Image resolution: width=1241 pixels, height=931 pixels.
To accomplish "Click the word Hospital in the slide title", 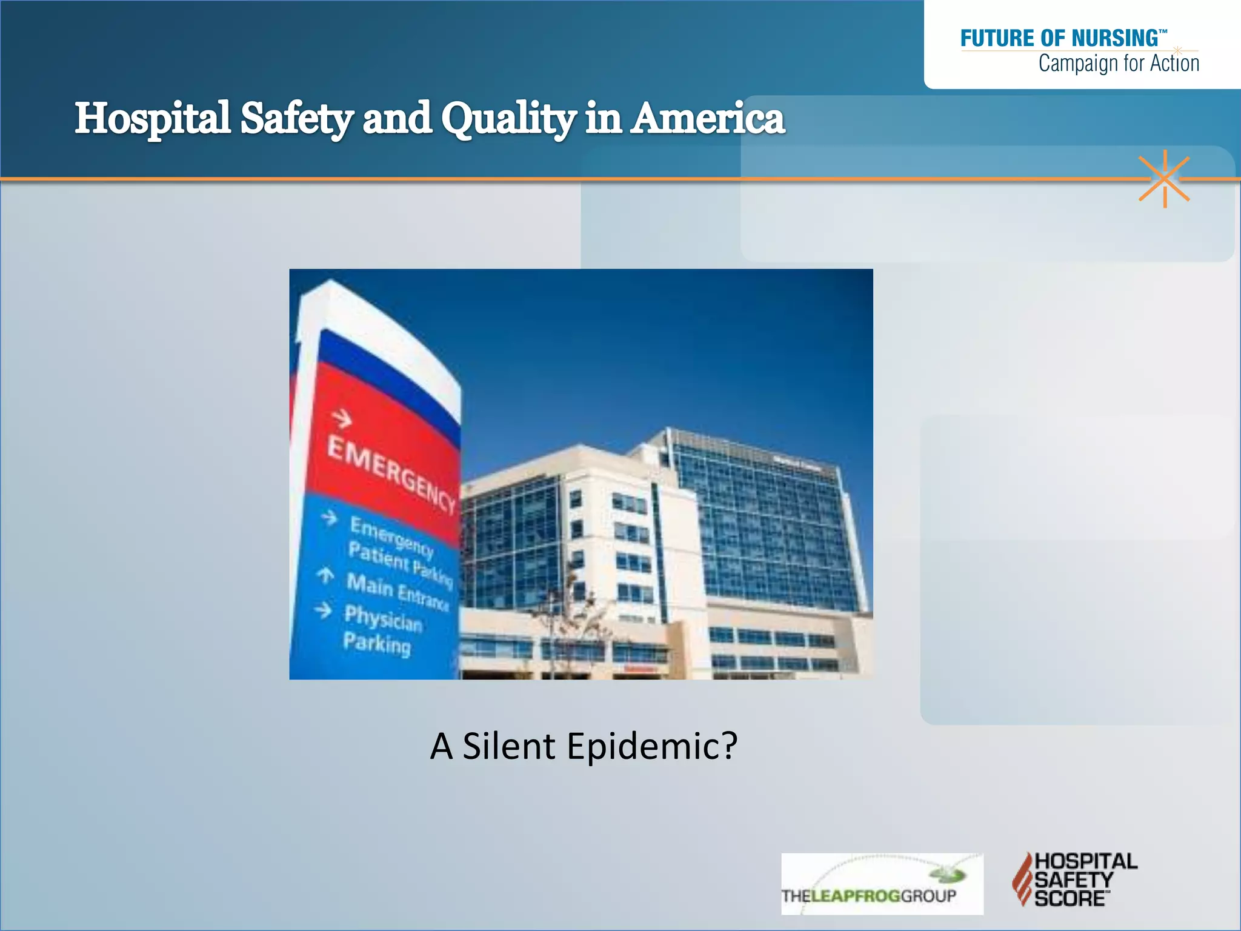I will click(x=152, y=118).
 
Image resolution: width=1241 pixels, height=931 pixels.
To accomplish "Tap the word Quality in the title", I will click(x=508, y=118).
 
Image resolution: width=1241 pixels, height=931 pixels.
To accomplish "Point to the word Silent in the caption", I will click(x=508, y=746).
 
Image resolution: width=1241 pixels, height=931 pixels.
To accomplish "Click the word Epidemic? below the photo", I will click(x=652, y=746).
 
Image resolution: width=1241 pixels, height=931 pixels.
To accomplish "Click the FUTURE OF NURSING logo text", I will click(x=1060, y=38).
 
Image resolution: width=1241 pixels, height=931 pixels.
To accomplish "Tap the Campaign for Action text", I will click(x=1118, y=63).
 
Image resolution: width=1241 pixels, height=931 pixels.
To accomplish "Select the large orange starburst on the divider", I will click(x=1164, y=179).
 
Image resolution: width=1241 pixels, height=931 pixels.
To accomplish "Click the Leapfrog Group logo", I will click(x=882, y=884).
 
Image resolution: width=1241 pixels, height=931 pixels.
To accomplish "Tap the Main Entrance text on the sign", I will click(x=397, y=592).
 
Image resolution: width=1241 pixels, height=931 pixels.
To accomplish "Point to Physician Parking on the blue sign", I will click(x=382, y=630).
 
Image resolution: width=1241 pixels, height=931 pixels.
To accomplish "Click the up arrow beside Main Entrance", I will click(x=325, y=575).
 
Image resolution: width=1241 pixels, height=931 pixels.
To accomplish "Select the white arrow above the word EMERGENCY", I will click(x=342, y=418).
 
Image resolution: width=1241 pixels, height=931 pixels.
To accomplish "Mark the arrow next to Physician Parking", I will click(x=323, y=610).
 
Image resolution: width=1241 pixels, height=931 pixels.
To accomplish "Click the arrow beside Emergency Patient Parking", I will click(x=329, y=518).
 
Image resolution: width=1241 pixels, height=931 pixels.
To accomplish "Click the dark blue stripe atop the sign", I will click(x=388, y=382).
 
